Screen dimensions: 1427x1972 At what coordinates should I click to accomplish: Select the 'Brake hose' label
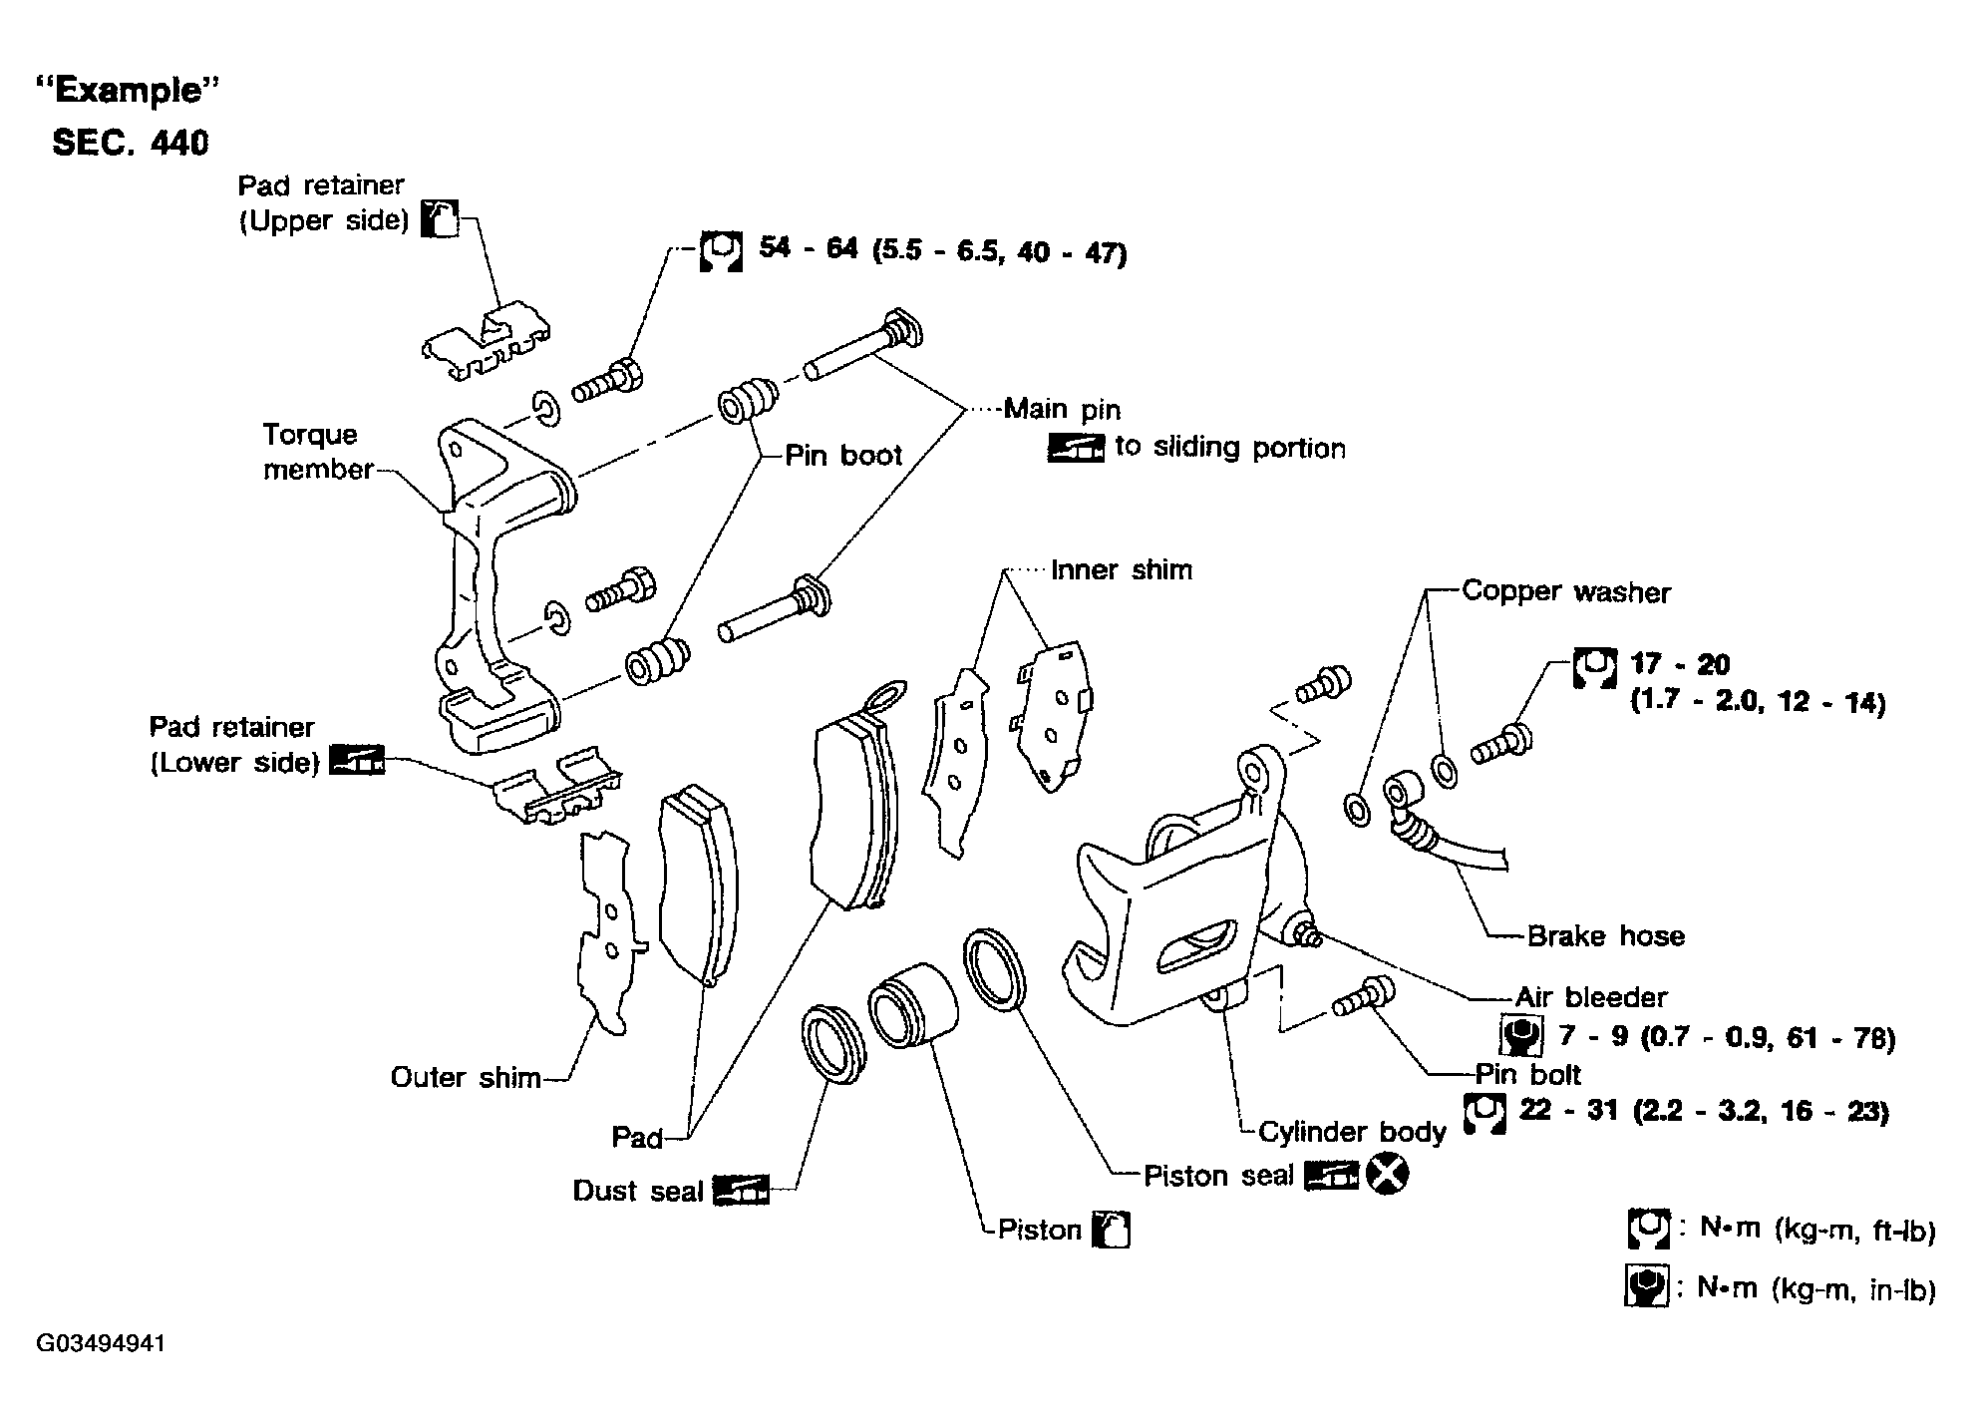(1605, 935)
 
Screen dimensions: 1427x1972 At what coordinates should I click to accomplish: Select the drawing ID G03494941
(101, 1343)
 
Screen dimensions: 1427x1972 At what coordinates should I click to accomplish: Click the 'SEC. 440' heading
(131, 143)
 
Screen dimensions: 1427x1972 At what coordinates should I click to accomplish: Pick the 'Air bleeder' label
(1591, 996)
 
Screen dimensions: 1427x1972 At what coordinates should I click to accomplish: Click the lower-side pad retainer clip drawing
(557, 790)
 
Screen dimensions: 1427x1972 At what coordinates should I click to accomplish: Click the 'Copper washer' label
(1565, 591)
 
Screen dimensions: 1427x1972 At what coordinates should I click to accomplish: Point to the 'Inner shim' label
(1122, 569)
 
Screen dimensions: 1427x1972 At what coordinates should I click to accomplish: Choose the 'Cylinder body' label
(1351, 1131)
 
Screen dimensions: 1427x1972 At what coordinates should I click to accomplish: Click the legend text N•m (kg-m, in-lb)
(1816, 1288)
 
